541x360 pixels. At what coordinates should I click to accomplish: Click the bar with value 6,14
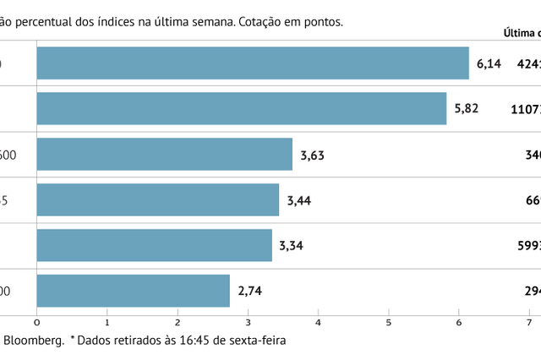point(253,63)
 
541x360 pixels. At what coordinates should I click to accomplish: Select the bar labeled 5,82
point(242,109)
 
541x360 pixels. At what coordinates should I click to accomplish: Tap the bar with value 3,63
point(165,155)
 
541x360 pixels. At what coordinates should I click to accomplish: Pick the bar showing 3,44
point(158,200)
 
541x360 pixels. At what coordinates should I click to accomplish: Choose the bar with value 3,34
point(155,245)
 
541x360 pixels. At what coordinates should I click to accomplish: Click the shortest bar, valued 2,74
point(134,291)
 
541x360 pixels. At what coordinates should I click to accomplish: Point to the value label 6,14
point(489,63)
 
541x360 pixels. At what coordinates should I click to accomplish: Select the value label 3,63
point(312,155)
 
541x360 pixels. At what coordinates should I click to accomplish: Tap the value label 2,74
point(251,291)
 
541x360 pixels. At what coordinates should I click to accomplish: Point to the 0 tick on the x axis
point(37,323)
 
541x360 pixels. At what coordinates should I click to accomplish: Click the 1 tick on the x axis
point(107,323)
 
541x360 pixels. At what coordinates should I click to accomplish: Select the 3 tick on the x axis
point(248,323)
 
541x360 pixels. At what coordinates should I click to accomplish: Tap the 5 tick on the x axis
point(388,323)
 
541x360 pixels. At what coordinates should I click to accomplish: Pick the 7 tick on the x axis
point(528,323)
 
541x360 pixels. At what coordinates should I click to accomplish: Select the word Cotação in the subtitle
point(252,22)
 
